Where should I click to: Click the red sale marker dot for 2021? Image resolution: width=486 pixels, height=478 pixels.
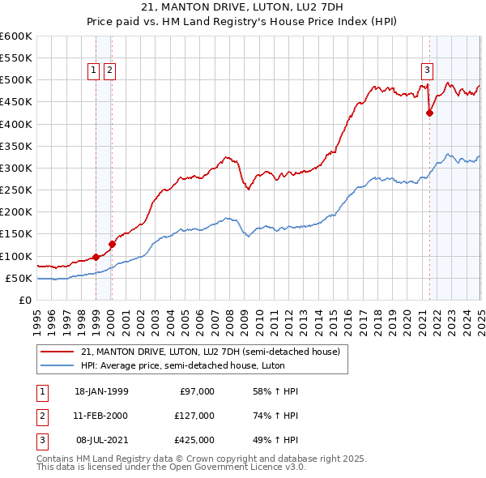click(x=429, y=113)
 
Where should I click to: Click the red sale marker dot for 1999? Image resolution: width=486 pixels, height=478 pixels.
click(x=96, y=257)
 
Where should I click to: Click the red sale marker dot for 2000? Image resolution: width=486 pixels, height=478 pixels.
click(x=112, y=244)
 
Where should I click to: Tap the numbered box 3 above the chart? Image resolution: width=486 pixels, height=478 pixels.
click(x=427, y=70)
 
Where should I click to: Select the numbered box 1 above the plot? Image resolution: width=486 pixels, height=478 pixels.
click(x=94, y=70)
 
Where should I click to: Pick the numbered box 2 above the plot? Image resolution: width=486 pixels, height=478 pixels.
click(x=109, y=70)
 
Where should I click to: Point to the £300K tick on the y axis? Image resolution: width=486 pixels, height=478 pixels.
click(x=17, y=169)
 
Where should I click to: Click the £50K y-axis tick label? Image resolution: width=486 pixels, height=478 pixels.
click(x=20, y=279)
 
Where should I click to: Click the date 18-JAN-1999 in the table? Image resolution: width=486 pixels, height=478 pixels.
click(x=101, y=391)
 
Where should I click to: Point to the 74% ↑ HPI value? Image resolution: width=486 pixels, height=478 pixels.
click(x=270, y=416)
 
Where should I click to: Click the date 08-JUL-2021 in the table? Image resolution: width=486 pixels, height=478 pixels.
click(x=101, y=440)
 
